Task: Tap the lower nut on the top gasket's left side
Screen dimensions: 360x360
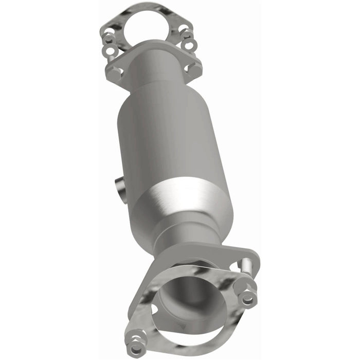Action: point(110,50)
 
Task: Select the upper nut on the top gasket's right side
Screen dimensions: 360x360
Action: point(187,34)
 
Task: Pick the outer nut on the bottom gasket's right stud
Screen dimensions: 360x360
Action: point(248,297)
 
